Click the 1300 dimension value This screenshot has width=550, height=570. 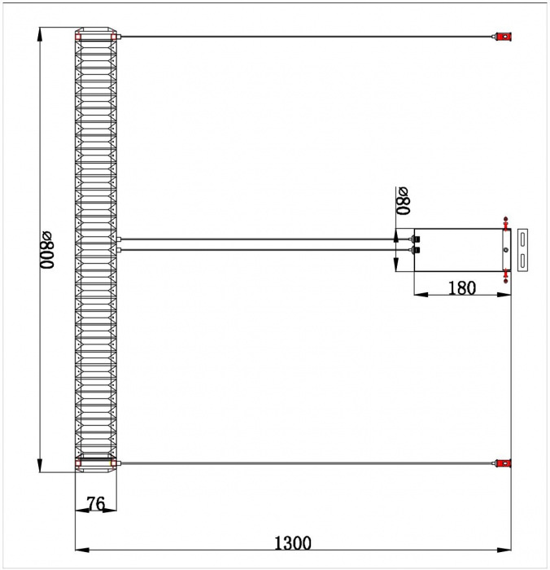pyautogui.click(x=292, y=543)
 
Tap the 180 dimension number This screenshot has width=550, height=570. pyautogui.click(x=462, y=288)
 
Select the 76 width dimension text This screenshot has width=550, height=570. pyautogui.click(x=96, y=503)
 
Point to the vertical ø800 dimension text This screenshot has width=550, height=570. pyautogui.click(x=47, y=250)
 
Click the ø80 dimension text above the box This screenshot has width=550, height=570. pyautogui.click(x=403, y=200)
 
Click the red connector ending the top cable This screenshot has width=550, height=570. pyautogui.click(x=504, y=37)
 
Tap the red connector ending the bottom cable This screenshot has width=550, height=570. pyautogui.click(x=504, y=463)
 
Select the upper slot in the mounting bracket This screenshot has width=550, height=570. pyautogui.click(x=522, y=239)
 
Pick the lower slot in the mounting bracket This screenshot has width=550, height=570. pyautogui.click(x=522, y=261)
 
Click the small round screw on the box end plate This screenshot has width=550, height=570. pyautogui.click(x=506, y=250)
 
